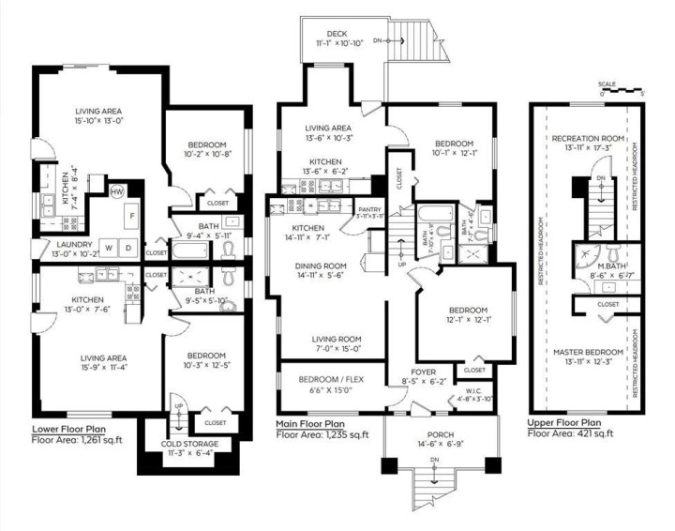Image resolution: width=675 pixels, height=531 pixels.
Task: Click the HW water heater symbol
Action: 117,191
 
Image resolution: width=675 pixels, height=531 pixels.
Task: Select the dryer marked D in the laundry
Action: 128,248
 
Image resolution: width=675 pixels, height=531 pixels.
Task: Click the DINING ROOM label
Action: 322,266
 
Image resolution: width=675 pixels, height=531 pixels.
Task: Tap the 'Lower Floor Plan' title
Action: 74,428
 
